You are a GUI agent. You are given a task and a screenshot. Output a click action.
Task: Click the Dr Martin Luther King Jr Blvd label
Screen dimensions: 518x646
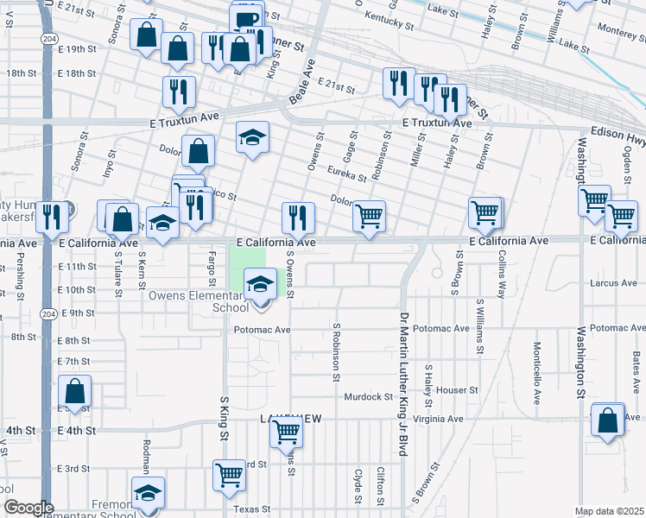[402, 383]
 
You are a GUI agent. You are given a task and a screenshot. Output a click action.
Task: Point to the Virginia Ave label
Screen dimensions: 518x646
[438, 419]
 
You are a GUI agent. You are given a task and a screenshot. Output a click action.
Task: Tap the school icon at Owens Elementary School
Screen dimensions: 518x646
[260, 281]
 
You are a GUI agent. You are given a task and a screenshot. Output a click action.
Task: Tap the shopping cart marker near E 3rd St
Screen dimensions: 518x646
[229, 473]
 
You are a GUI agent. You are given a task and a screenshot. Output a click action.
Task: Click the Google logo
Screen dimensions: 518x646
[28, 508]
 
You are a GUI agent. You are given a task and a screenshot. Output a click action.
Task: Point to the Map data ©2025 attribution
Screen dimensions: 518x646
[609, 511]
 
